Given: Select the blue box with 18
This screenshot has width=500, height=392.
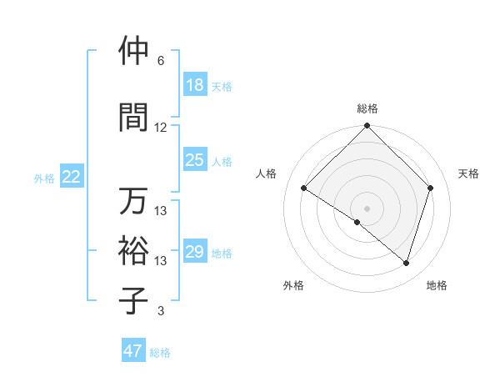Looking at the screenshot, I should [x=194, y=85].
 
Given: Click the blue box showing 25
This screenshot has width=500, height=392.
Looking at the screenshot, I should [x=194, y=160].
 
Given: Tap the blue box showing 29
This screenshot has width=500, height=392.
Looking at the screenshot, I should [x=194, y=252].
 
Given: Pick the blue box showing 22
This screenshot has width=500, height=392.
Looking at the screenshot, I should [x=72, y=177].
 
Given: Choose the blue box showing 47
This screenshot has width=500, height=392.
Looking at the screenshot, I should [x=133, y=351].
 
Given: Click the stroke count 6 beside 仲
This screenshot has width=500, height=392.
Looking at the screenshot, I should [x=161, y=61].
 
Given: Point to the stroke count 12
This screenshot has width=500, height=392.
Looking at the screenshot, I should [x=161, y=128].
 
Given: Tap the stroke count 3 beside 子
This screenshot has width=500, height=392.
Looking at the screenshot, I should [x=161, y=311].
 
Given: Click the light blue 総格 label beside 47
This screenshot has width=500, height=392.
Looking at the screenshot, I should [x=160, y=353].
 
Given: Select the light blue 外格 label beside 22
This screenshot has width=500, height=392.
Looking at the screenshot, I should [x=44, y=178].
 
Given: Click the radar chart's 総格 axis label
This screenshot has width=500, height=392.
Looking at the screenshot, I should [x=367, y=108].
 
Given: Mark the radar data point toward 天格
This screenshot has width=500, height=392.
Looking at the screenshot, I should [x=431, y=188].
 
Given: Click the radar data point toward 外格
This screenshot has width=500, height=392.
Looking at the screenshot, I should [x=357, y=222].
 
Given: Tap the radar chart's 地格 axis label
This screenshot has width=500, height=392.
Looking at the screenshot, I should [x=437, y=285].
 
